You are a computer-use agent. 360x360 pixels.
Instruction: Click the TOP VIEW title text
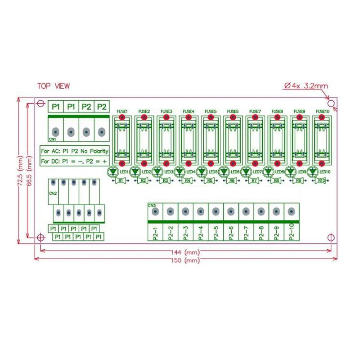54,86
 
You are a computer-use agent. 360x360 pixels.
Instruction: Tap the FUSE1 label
122,111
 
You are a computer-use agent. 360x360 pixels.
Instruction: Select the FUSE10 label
322,111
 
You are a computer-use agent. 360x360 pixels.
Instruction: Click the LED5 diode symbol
201,171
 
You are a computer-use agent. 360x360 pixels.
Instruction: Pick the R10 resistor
321,180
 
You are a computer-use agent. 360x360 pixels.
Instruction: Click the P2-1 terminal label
155,233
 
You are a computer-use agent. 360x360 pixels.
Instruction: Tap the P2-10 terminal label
291,233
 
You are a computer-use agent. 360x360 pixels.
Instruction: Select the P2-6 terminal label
231,233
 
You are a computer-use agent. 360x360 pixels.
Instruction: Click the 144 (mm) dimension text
185,252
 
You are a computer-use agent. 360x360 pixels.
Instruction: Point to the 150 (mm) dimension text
185,261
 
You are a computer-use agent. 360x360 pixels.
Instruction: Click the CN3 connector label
152,206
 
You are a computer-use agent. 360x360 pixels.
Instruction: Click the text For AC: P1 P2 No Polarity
75,151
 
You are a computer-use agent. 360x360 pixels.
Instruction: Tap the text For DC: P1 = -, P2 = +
75,161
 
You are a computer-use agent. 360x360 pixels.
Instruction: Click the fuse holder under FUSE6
233,139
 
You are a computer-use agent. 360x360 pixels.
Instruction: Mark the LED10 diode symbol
312,171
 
